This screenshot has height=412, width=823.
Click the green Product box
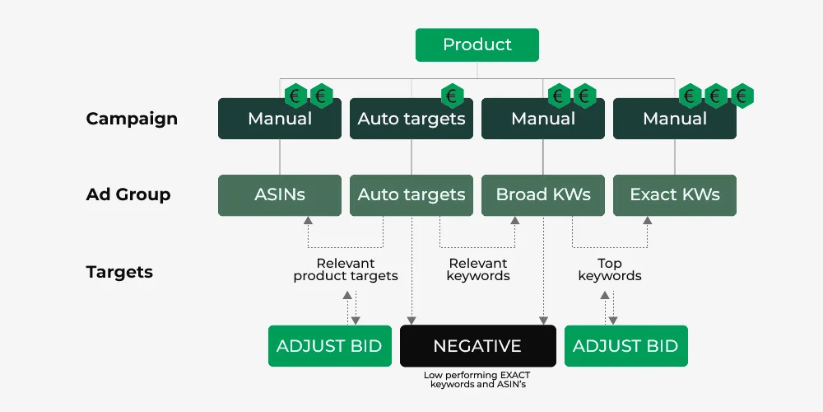(x=477, y=44)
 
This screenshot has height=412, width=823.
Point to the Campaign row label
(x=132, y=119)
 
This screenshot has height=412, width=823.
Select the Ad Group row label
(x=128, y=195)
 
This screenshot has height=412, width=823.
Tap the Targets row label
(x=119, y=272)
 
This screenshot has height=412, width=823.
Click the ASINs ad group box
(x=280, y=195)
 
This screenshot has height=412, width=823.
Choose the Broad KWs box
(x=543, y=195)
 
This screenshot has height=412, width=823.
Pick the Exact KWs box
(x=675, y=195)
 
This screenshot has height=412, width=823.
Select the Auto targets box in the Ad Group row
(x=411, y=195)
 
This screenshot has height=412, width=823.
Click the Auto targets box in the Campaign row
(x=411, y=119)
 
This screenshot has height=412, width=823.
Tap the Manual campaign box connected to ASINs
(x=280, y=119)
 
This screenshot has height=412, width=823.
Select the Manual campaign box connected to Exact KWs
(x=675, y=119)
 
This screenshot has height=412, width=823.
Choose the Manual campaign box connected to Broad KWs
(x=543, y=119)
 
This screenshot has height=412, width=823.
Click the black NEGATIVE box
(x=477, y=345)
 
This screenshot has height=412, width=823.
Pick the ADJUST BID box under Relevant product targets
(x=329, y=345)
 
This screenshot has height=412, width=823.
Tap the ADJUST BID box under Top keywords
(x=625, y=345)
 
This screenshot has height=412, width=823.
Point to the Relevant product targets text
(x=346, y=269)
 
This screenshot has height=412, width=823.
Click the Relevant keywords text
(x=478, y=269)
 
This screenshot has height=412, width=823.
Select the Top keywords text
(x=610, y=269)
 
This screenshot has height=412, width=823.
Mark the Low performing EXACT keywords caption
(x=477, y=379)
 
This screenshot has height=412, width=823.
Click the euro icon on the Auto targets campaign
(x=452, y=96)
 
